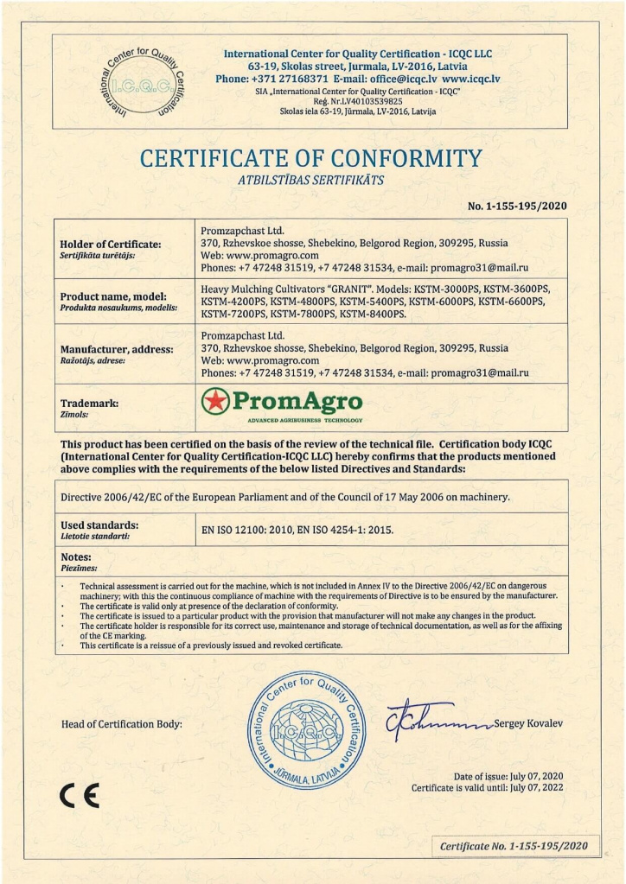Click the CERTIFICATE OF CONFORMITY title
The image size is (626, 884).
click(311, 159)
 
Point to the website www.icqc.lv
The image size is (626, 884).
click(471, 79)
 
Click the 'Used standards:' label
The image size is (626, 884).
click(99, 525)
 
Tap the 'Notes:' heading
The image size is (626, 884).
click(76, 557)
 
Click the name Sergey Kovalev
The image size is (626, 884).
click(528, 723)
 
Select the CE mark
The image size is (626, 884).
click(80, 792)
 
